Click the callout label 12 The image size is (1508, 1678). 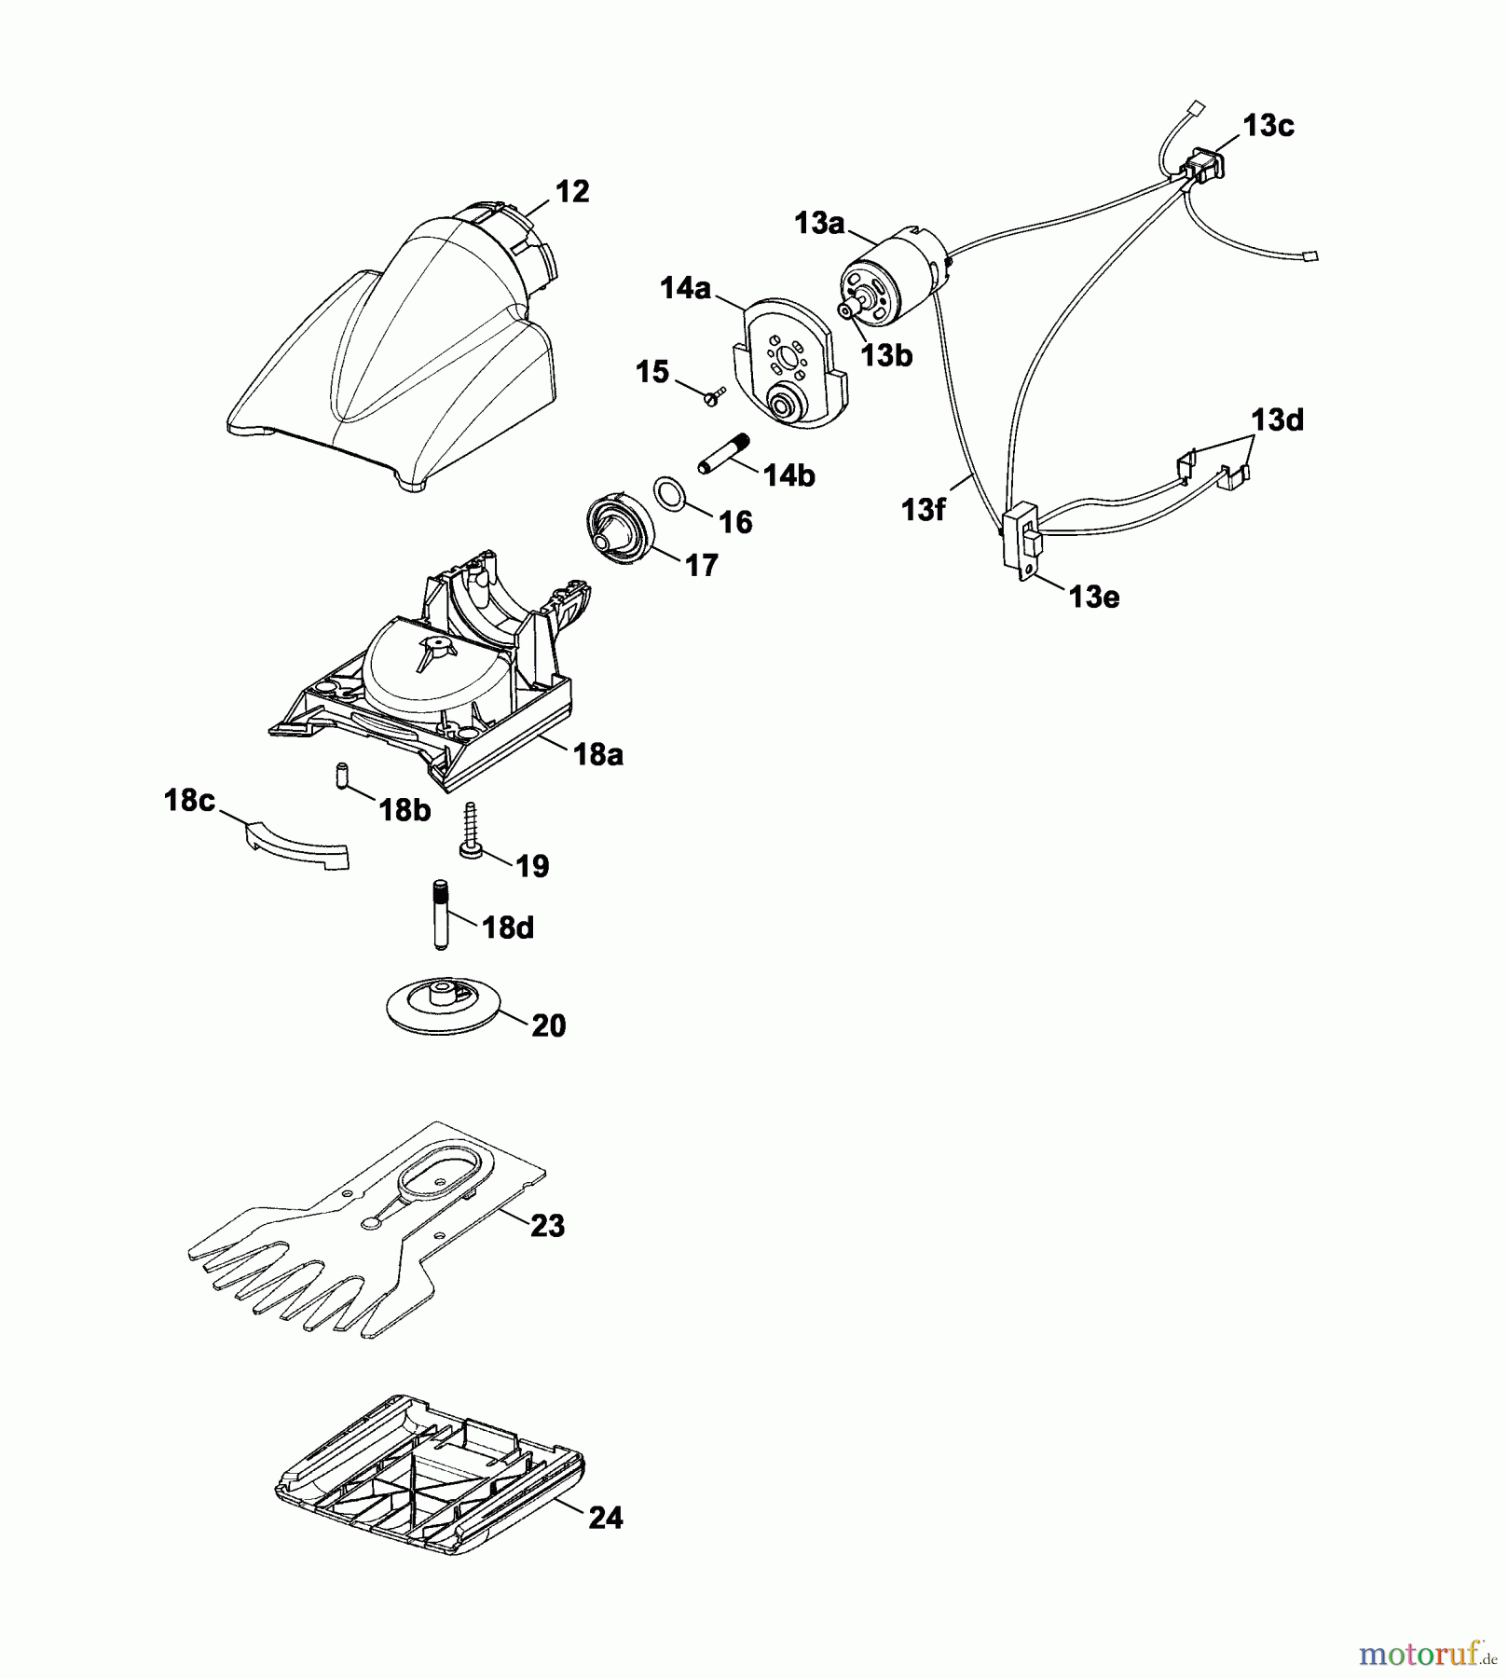(x=572, y=192)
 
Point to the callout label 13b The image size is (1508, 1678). (x=886, y=355)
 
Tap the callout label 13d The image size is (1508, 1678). (x=1277, y=420)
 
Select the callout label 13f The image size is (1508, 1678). (x=924, y=510)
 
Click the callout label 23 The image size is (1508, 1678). (x=547, y=1225)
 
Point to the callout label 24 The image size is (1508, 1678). (x=606, y=1518)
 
